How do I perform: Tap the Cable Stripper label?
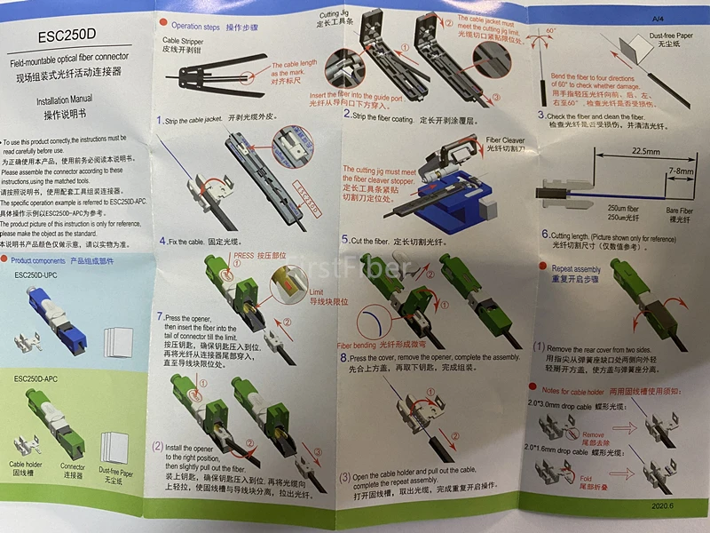pos(187,42)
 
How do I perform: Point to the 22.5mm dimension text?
pos(626,151)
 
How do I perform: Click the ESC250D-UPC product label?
pos(41,275)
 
